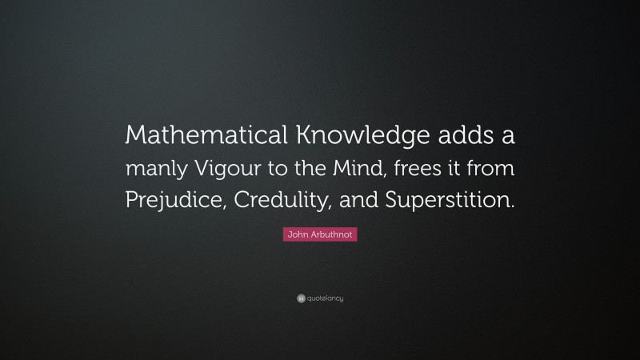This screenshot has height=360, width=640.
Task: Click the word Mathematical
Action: [x=198, y=137]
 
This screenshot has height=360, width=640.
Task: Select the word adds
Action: [x=450, y=137]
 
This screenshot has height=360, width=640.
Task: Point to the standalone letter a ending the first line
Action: [x=508, y=138]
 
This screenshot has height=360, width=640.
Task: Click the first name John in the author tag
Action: [x=298, y=234]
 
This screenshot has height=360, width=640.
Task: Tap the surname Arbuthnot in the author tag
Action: [x=330, y=234]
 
